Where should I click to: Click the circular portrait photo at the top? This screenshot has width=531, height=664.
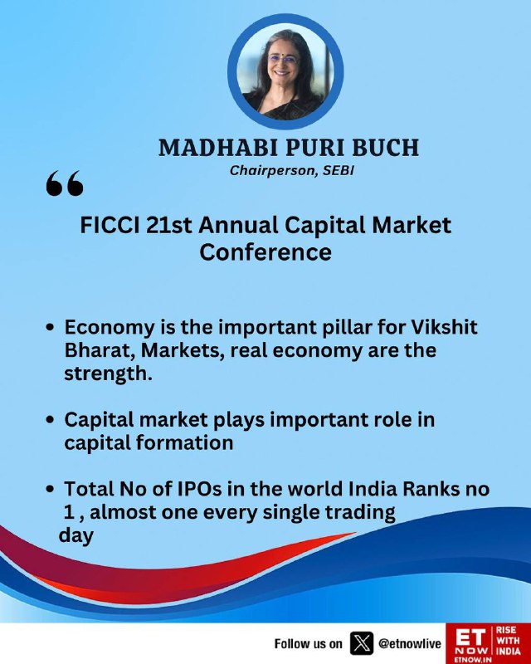285,71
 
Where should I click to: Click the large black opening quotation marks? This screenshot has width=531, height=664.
65,183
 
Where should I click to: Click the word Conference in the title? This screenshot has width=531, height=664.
265,252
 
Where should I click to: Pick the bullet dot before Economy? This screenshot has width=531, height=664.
51,328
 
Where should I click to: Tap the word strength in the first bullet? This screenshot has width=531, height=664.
105,374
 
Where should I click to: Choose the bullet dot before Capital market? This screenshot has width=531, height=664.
51,421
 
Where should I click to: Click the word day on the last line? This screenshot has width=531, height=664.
76,535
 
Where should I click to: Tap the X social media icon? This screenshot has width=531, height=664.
362,643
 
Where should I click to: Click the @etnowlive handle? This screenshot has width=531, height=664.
410,644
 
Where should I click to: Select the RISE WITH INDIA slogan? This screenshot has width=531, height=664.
508,640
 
